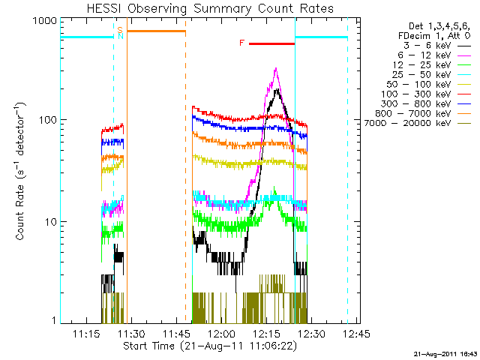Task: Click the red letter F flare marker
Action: pos(241,43)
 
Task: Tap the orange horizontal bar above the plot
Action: pos(156,31)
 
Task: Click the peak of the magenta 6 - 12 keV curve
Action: pos(276,69)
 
